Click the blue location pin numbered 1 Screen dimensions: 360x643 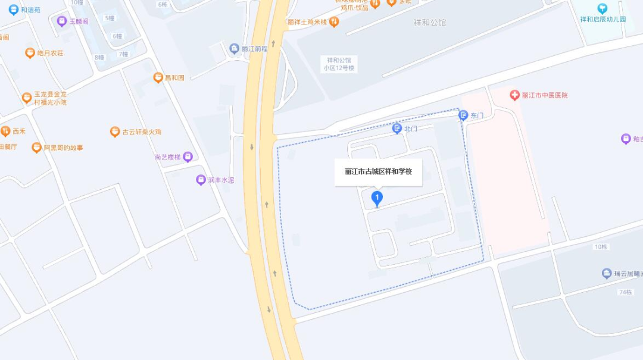click(x=377, y=198)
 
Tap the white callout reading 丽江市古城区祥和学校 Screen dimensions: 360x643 click(x=378, y=172)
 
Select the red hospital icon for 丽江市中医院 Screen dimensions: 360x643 click(x=514, y=95)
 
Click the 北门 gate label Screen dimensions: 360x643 click(x=410, y=129)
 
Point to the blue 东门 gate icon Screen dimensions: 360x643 click(x=463, y=115)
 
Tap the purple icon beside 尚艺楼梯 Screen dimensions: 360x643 click(x=188, y=157)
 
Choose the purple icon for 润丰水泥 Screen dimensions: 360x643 click(x=201, y=180)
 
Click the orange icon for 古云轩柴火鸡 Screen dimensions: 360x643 click(x=115, y=132)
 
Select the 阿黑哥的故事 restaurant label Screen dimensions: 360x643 click(x=63, y=148)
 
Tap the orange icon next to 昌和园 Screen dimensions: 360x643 click(x=158, y=77)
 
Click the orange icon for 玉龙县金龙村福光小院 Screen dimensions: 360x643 click(x=26, y=98)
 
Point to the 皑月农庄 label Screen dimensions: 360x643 click(x=50, y=53)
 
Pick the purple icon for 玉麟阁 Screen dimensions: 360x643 click(x=61, y=21)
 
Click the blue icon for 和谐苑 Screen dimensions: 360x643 click(x=13, y=10)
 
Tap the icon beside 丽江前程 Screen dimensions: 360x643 click(x=234, y=48)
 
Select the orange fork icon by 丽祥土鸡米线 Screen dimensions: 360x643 click(x=334, y=22)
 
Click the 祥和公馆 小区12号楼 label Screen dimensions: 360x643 click(x=339, y=64)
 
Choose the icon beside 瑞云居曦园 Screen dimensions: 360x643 click(x=607, y=274)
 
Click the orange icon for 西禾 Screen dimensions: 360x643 click(x=5, y=132)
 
